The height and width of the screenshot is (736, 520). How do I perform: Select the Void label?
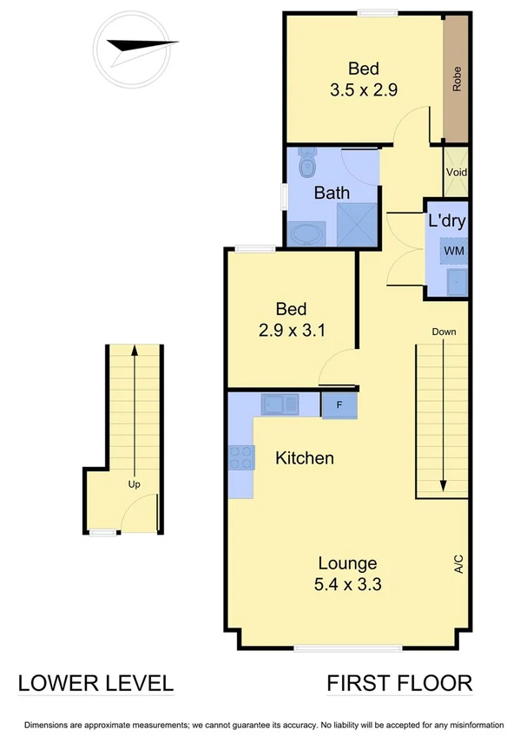(x=456, y=172)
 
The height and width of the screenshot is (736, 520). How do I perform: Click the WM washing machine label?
(x=453, y=250)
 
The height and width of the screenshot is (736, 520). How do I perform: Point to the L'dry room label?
(x=447, y=220)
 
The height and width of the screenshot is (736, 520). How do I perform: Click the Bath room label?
(x=332, y=193)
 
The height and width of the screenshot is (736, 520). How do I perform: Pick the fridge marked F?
(x=339, y=404)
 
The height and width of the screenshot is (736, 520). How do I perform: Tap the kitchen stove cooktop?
(x=241, y=457)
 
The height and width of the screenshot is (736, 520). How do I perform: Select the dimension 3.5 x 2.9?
(x=364, y=89)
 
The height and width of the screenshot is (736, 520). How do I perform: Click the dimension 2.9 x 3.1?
(x=291, y=330)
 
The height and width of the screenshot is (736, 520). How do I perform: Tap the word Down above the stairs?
(x=443, y=332)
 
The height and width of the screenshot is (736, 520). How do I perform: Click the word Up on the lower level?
(x=134, y=484)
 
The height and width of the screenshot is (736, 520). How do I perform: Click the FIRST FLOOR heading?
(x=399, y=683)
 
